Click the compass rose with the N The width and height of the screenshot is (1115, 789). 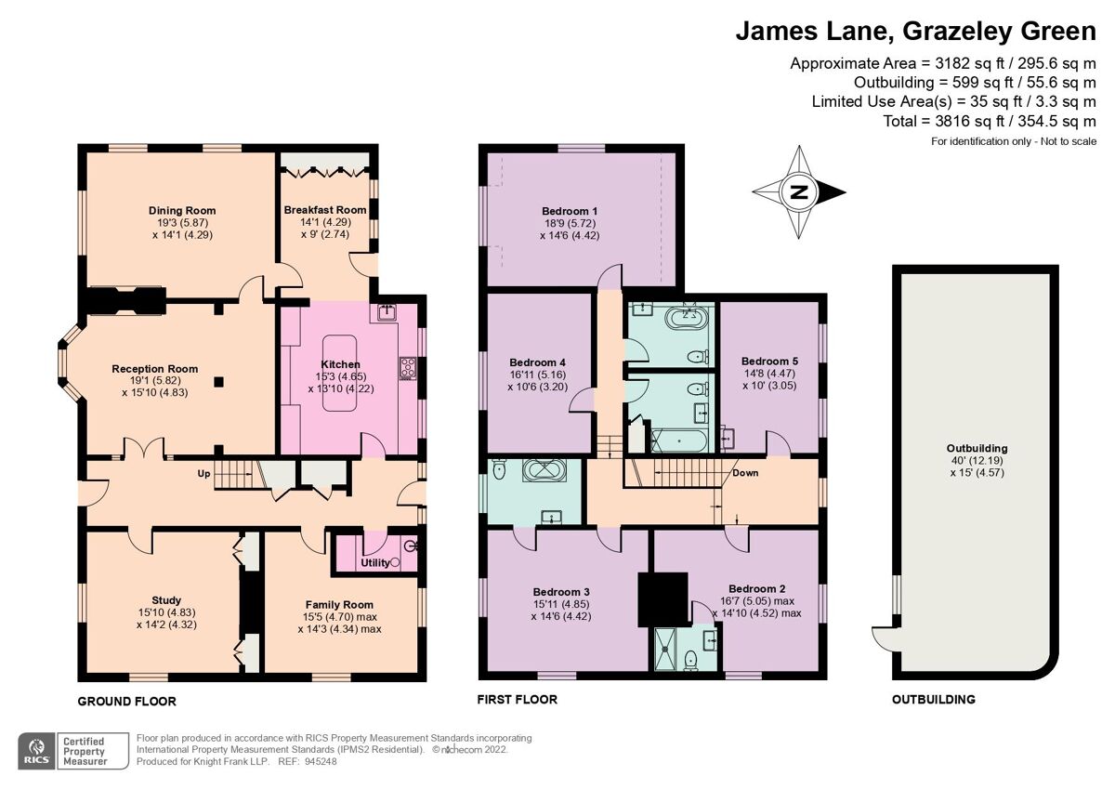(x=798, y=192)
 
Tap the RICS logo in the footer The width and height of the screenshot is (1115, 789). (x=37, y=749)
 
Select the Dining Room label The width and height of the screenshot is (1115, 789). (x=169, y=209)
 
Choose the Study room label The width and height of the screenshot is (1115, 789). (x=166, y=599)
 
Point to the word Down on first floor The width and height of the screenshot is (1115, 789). (x=745, y=473)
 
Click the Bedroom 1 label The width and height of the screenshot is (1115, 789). (x=570, y=210)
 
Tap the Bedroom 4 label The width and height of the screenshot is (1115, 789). (x=537, y=362)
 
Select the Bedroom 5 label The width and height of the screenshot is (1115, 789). (x=769, y=361)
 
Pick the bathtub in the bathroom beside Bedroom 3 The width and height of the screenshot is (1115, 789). (x=541, y=471)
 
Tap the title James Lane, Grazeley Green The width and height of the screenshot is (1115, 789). (x=915, y=32)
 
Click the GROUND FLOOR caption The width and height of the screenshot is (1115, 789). (x=127, y=701)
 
